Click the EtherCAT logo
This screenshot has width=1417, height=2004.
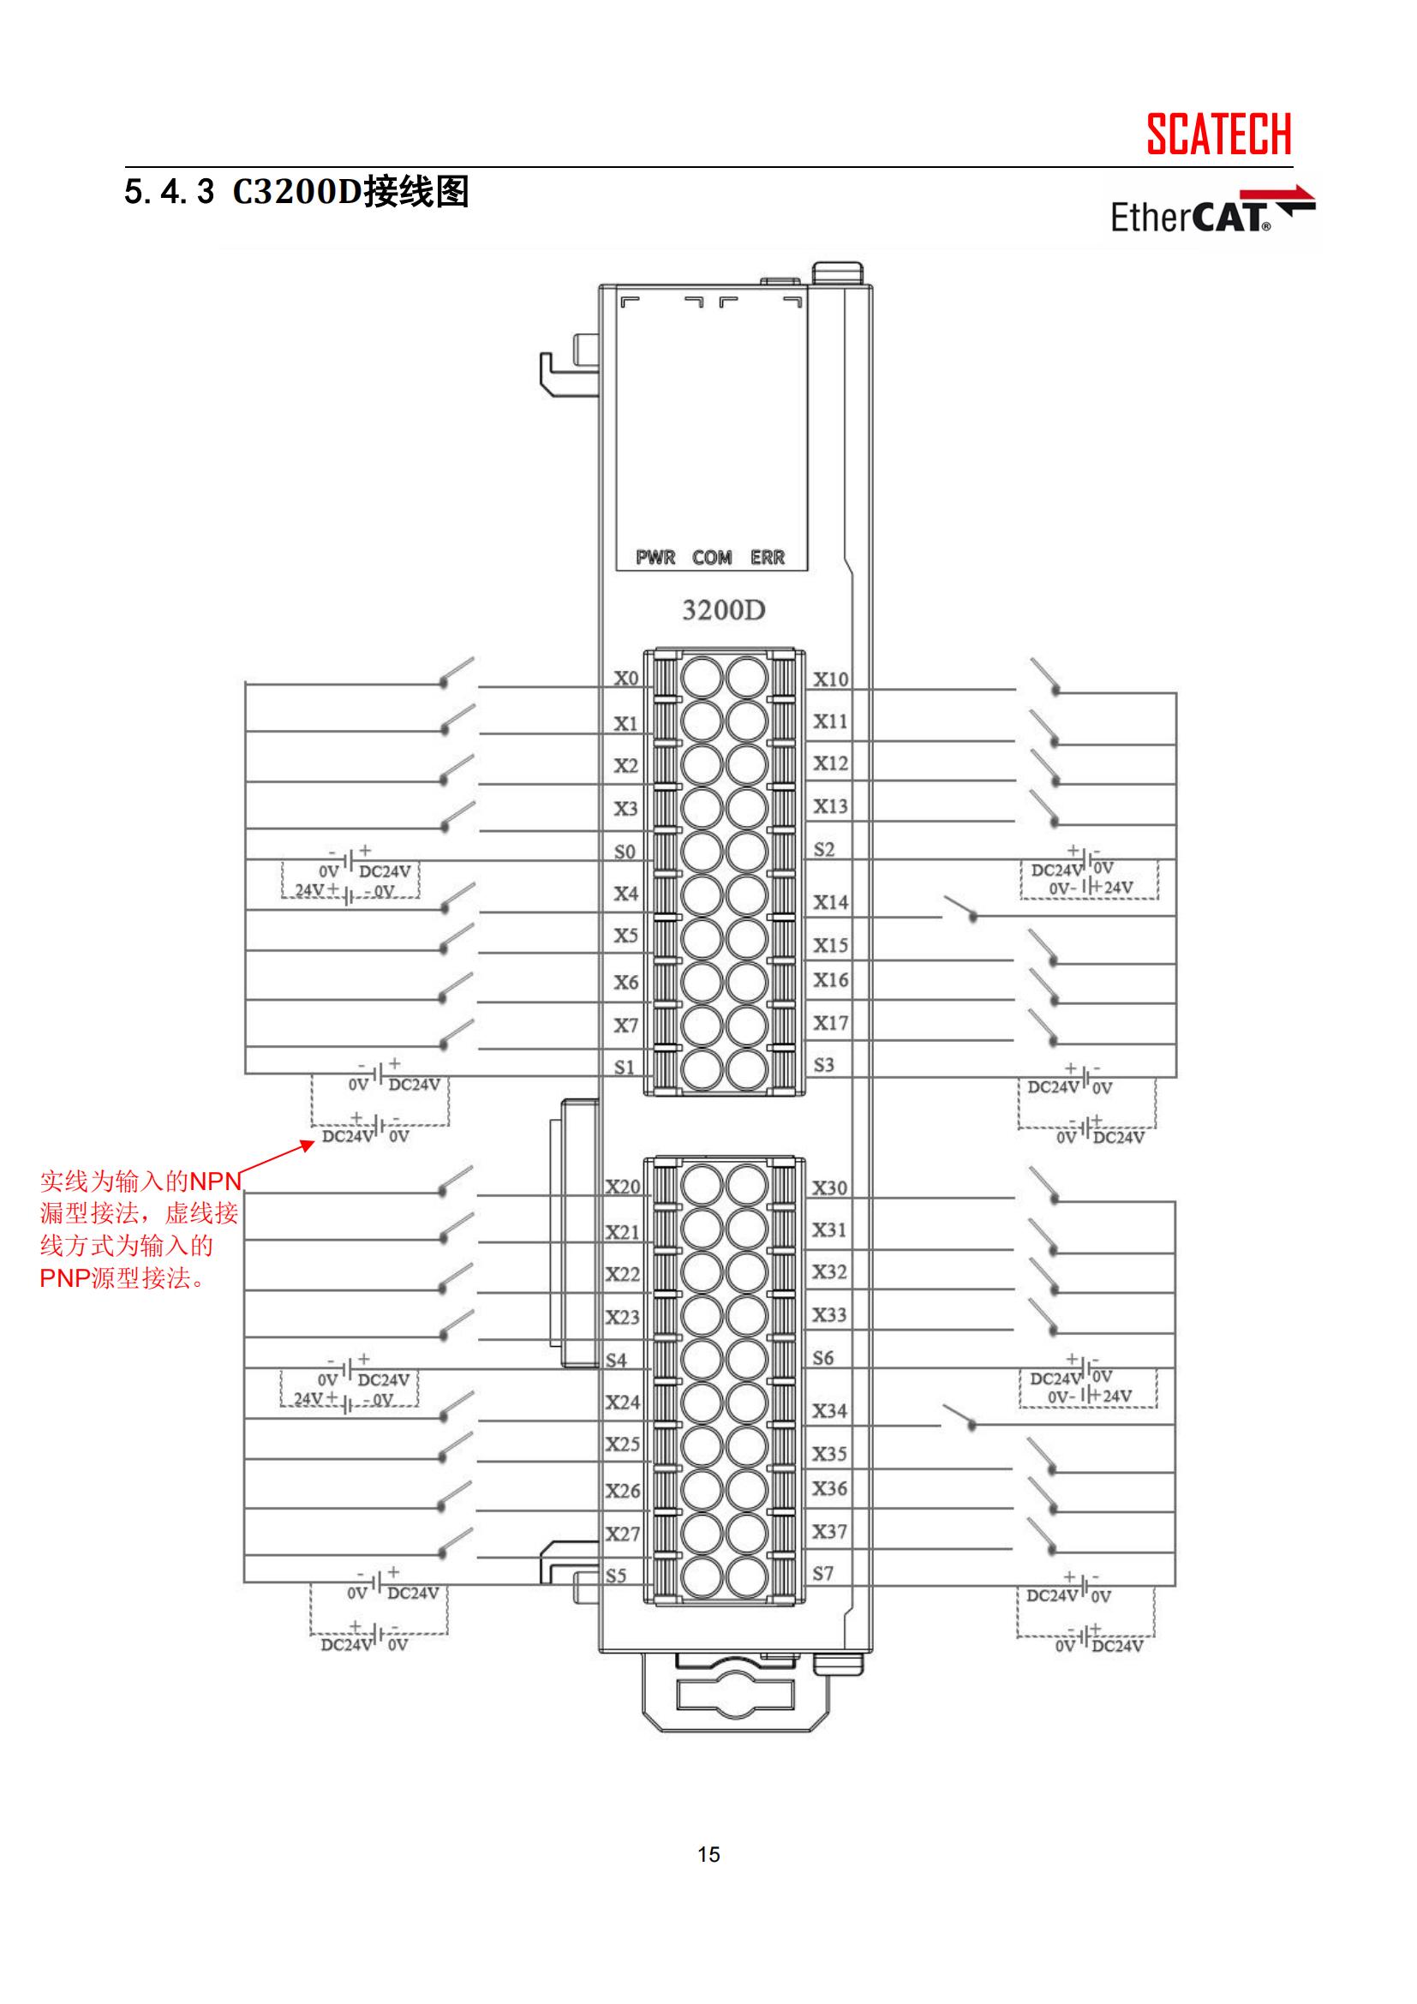point(1211,212)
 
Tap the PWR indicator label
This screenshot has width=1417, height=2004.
point(655,557)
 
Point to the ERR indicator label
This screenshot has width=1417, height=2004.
point(767,557)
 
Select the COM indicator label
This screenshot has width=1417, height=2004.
point(712,557)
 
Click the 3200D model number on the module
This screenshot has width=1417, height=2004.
point(723,610)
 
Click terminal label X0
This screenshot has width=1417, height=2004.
point(625,679)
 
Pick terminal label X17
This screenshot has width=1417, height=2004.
point(831,1022)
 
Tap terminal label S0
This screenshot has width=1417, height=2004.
point(625,852)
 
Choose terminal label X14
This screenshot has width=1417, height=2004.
point(831,901)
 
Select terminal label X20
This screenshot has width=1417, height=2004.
point(623,1187)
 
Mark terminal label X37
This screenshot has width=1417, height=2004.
point(830,1531)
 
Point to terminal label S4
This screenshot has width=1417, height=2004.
point(616,1360)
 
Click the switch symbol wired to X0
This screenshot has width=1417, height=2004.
point(457,673)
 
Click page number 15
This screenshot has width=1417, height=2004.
point(708,1854)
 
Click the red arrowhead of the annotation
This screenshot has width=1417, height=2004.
point(308,1145)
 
